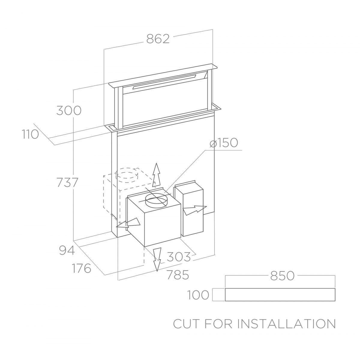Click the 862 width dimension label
point(158,39)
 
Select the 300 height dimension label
point(69,110)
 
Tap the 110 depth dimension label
point(31,134)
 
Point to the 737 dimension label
point(67,182)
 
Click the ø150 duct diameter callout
point(224,143)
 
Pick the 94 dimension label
point(67,250)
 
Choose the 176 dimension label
point(82,268)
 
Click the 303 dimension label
point(178,257)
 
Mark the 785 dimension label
point(178,275)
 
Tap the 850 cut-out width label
point(282,276)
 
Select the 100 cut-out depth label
point(198,295)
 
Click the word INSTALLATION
point(286,324)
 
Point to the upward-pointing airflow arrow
point(156,175)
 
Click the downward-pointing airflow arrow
point(157,259)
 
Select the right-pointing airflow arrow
point(195,210)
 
